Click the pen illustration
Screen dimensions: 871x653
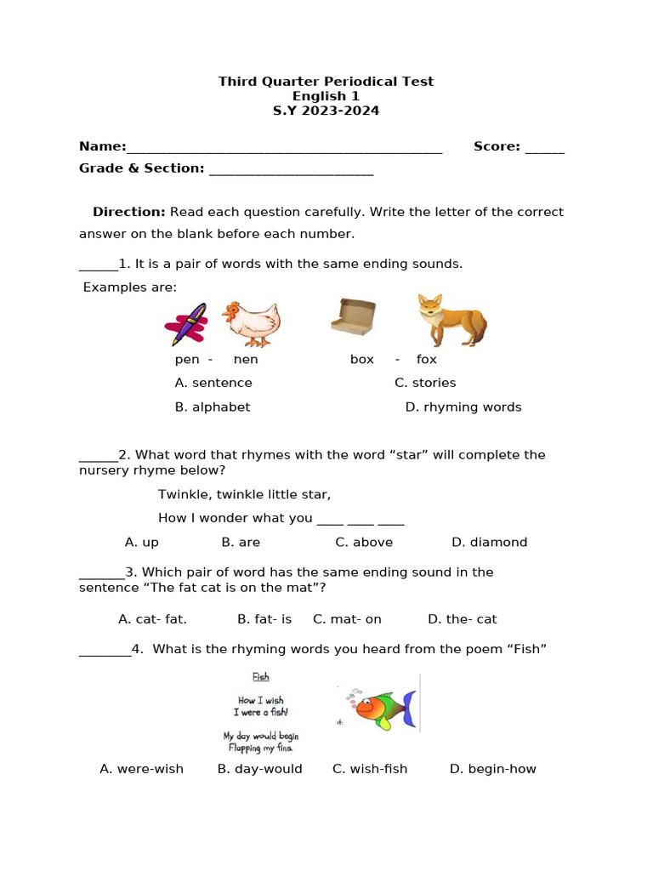(x=186, y=324)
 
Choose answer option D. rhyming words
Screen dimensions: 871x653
(x=463, y=407)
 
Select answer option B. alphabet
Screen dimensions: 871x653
(x=213, y=407)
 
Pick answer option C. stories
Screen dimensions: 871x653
(x=425, y=384)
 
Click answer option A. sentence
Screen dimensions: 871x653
(x=213, y=384)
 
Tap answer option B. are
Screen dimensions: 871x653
(x=241, y=543)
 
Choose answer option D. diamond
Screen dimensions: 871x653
(x=489, y=543)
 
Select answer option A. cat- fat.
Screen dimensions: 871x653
(x=152, y=620)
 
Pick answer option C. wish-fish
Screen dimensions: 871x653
(x=370, y=770)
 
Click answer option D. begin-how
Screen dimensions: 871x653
(x=492, y=770)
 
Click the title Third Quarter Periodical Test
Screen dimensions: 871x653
(x=326, y=82)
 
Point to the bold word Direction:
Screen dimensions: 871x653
(x=129, y=212)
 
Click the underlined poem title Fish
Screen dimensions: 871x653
(x=261, y=677)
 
